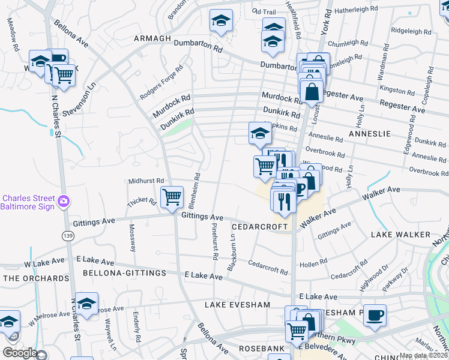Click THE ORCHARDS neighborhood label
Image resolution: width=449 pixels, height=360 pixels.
pyautogui.click(x=36, y=278)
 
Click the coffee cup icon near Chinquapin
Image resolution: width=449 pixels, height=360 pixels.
pyautogui.click(x=375, y=314)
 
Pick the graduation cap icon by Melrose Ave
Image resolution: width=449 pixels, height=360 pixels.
pyautogui.click(x=86, y=304)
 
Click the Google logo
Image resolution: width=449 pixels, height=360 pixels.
pyautogui.click(x=20, y=353)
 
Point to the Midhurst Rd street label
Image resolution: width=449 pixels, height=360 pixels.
pyautogui.click(x=146, y=181)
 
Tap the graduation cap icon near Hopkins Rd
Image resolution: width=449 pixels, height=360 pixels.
pyautogui.click(x=259, y=133)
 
